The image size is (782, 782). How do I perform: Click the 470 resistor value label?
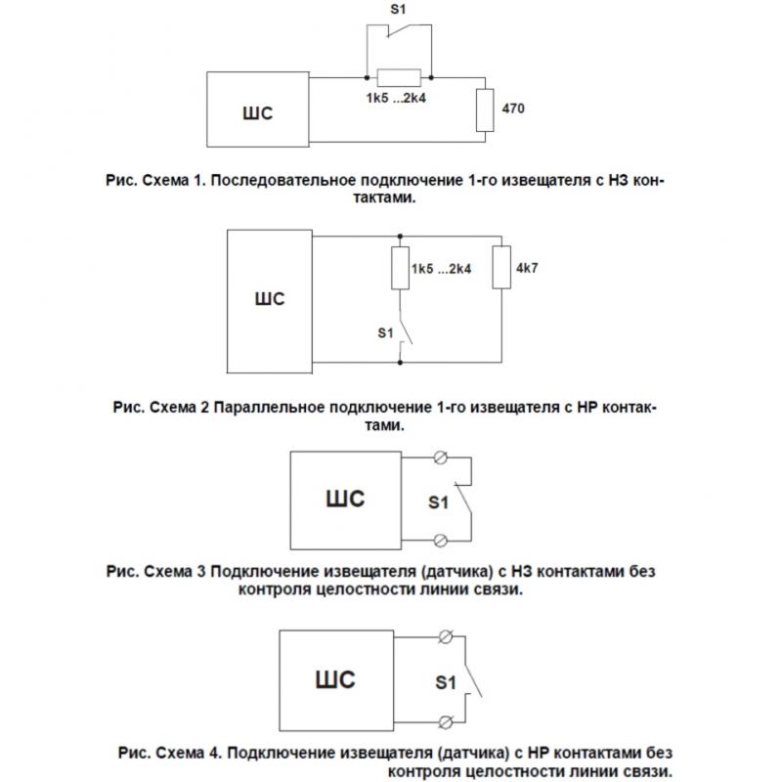512,109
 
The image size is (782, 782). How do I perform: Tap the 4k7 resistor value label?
527,268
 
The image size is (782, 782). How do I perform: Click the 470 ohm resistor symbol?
485,110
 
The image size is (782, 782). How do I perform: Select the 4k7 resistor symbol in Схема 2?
501,267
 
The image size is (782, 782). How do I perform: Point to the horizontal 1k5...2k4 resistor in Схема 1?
399,78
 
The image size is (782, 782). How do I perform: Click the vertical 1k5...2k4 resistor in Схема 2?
400,268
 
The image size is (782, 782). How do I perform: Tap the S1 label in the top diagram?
398,9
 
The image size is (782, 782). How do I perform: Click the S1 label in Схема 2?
385,332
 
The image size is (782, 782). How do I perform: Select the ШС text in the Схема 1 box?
258,113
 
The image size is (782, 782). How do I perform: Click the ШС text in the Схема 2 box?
270,299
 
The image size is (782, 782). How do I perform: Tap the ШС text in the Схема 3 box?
345,499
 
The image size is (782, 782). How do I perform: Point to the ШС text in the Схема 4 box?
335,679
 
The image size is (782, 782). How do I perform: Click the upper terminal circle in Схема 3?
441,457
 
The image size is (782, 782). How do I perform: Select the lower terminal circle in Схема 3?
441,541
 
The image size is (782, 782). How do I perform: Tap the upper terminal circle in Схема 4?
446,636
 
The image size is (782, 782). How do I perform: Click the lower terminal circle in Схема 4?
446,721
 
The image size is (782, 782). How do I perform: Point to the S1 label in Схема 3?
438,502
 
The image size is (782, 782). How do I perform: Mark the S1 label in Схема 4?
446,682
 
